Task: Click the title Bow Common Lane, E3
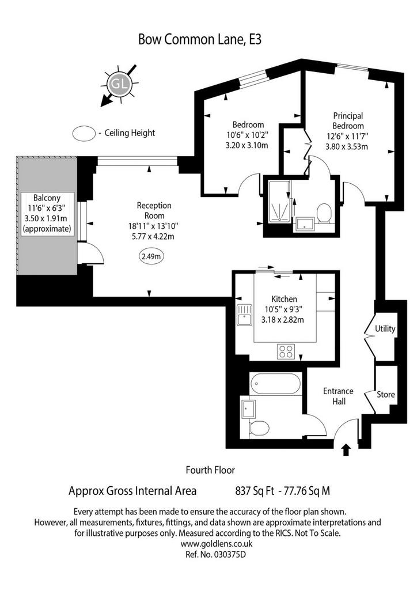coord(200,39)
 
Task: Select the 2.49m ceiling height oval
coord(151,256)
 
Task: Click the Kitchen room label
coord(285,299)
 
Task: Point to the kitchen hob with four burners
coord(286,351)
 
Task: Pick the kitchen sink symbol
coord(244,315)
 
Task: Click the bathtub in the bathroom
coord(276,384)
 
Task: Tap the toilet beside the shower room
coord(323,214)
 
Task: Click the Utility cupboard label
coord(385,329)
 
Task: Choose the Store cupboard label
coord(386,394)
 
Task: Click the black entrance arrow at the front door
coord(346,449)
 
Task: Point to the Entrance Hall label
coord(339,396)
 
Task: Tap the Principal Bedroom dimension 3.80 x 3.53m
coord(347,146)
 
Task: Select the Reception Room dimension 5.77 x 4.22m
coord(153,236)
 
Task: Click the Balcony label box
coord(47,214)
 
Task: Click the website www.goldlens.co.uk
coord(217,543)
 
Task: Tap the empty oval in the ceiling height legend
coord(84,134)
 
